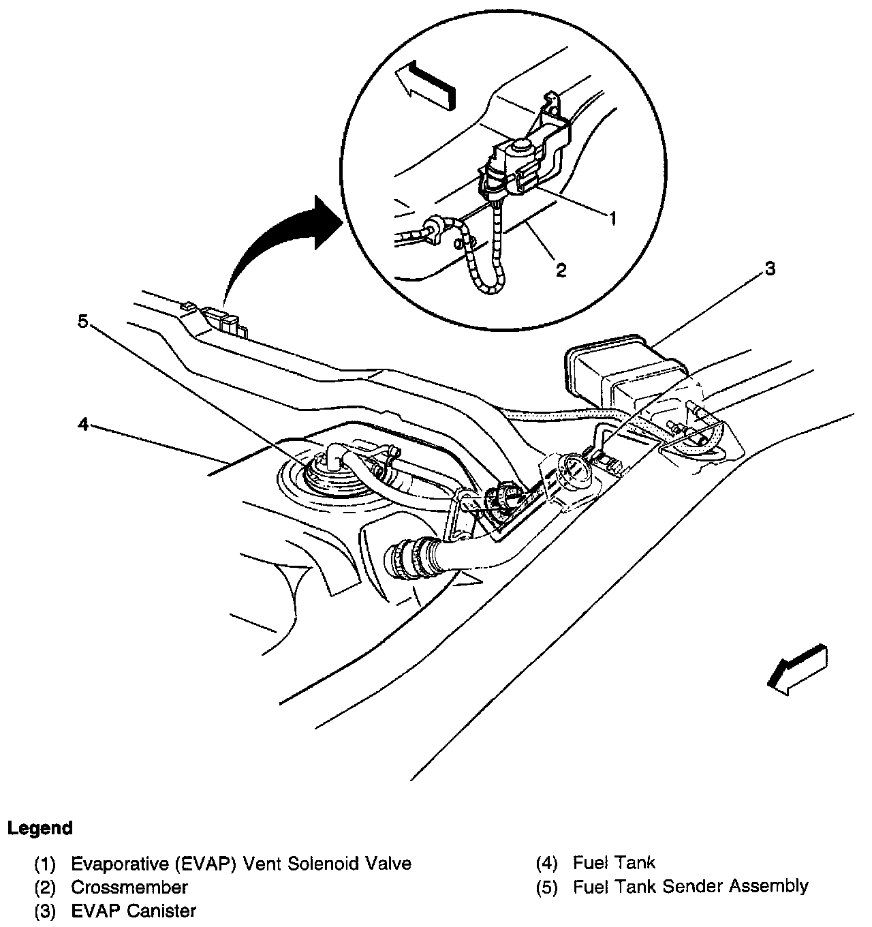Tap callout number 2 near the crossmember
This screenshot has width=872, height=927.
click(560, 270)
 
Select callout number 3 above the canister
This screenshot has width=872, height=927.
click(769, 269)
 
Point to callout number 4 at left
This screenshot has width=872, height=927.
click(82, 425)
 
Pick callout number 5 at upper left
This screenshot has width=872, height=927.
click(82, 321)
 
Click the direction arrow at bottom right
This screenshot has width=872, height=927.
click(797, 671)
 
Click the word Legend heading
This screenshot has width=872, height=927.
click(40, 829)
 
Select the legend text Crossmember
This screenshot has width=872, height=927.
click(129, 887)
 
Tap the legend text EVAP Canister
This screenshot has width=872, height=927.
click(134, 911)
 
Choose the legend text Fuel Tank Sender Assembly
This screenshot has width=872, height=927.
click(690, 886)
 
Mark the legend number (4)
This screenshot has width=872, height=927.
click(547, 864)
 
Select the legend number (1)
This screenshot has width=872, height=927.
click(46, 864)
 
